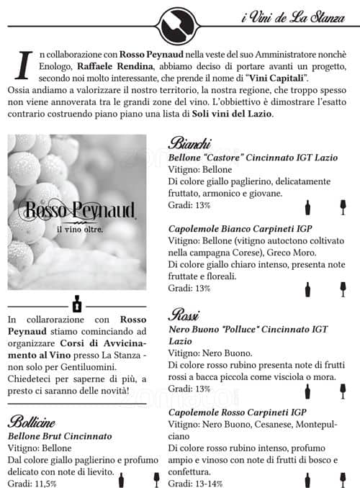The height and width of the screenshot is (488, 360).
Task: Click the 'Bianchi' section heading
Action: tap(190, 143)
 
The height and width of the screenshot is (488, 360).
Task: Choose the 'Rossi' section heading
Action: tap(184, 315)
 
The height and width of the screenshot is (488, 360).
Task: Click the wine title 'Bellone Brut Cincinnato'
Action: tap(60, 436)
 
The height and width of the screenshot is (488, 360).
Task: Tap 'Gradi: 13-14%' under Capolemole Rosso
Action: tap(197, 482)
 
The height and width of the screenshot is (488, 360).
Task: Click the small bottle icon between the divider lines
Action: tap(77, 303)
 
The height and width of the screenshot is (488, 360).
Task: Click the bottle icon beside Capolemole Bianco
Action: tap(308, 289)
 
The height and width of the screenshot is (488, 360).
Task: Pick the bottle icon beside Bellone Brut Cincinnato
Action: tap(121, 479)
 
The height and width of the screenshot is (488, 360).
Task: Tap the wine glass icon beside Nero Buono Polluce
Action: tap(343, 391)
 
